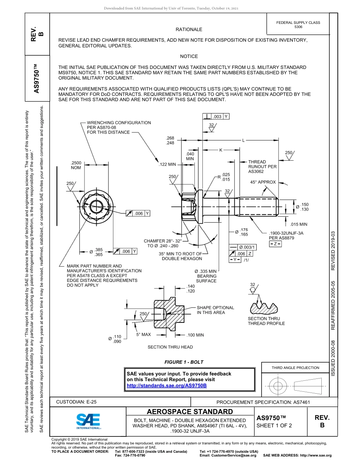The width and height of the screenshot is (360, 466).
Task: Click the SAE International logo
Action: tap(88, 421)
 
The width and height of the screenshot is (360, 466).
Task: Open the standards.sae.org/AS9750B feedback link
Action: tap(167, 386)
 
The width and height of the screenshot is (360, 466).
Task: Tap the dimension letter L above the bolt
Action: tap(244, 140)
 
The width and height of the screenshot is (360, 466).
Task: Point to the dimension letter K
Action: tap(221, 150)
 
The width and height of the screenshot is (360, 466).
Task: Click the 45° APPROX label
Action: tap(263, 182)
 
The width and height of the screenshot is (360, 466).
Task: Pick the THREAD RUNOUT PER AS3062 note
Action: tap(262, 167)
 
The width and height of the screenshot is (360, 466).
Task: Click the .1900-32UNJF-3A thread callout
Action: tap(286, 236)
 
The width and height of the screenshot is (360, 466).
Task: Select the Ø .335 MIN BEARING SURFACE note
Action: tap(205, 276)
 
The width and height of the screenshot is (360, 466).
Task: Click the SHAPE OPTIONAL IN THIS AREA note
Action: tap(215, 310)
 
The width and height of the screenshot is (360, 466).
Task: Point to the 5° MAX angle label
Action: tap(144, 335)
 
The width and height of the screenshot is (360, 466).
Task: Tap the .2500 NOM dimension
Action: tap(76, 165)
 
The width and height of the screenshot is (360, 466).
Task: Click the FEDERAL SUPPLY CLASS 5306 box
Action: tap(298, 25)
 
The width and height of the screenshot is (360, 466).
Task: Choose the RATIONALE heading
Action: tap(189, 30)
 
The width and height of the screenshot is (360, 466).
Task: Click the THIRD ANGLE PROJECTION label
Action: tap(295, 367)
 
